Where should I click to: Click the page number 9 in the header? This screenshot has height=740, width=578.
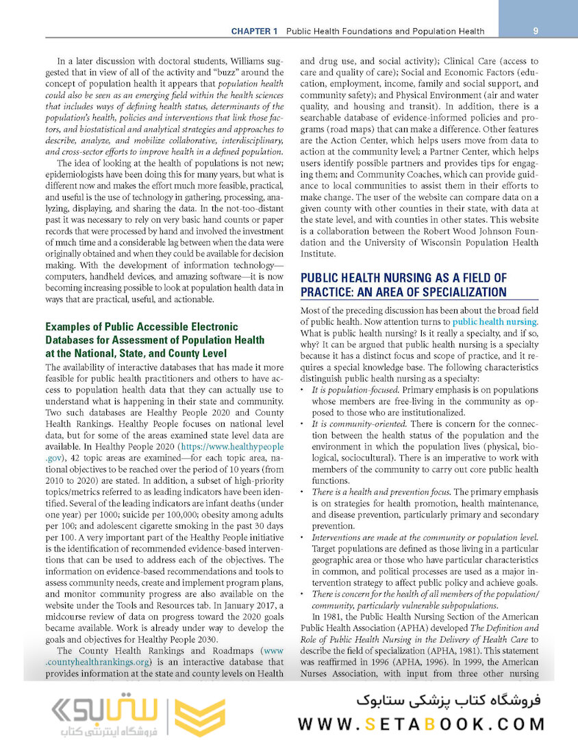pyautogui.click(x=535, y=31)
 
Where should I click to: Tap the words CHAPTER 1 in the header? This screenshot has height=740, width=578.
pyautogui.click(x=254, y=32)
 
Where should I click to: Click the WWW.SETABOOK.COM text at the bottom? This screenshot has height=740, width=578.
pyautogui.click(x=421, y=724)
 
